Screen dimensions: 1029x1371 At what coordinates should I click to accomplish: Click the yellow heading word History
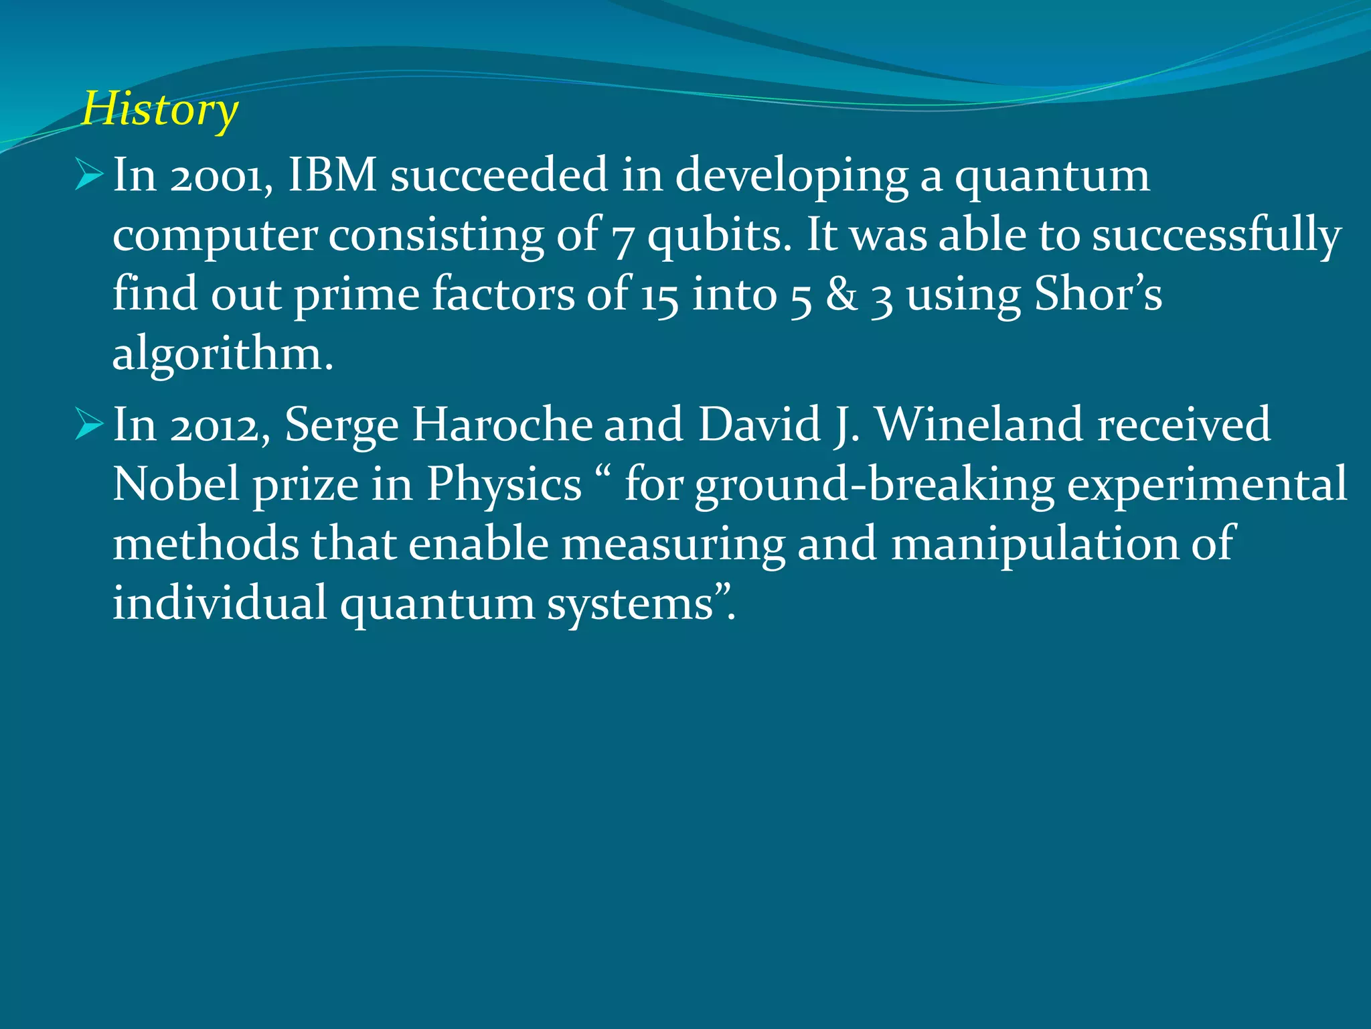159,110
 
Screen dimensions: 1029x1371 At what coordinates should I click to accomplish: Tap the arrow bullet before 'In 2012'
89,423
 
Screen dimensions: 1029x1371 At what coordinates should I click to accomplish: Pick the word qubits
720,236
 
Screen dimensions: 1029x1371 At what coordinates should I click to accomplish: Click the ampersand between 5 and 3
841,295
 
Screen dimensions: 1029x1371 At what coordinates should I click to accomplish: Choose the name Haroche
502,424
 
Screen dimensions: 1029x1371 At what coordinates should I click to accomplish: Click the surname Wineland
979,424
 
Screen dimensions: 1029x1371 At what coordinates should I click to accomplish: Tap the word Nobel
175,484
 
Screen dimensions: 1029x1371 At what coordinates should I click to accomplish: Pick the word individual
220,602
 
